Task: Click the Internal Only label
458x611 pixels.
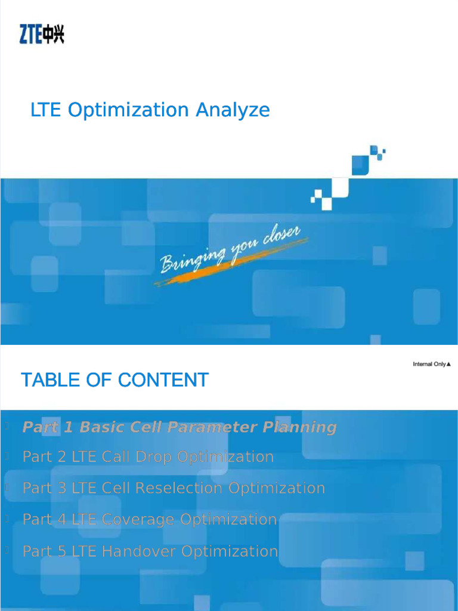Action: (x=431, y=364)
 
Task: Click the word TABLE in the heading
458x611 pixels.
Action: (x=48, y=380)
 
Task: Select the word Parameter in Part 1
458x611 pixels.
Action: (x=213, y=427)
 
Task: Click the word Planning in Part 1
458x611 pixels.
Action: (x=300, y=427)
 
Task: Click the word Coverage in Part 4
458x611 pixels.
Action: (x=138, y=520)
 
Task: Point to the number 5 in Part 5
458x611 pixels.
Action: (x=61, y=551)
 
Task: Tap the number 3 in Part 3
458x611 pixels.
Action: (x=61, y=488)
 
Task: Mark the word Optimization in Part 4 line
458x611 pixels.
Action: (x=228, y=520)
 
